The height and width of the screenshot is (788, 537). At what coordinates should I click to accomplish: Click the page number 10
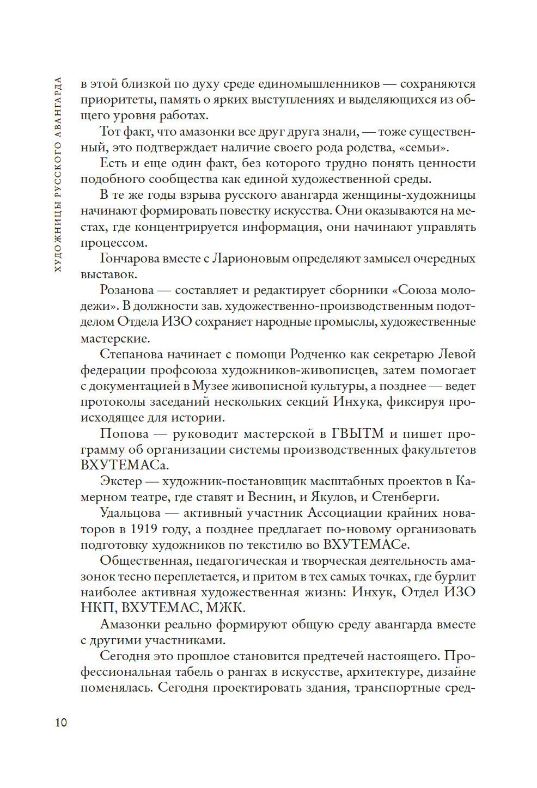61,722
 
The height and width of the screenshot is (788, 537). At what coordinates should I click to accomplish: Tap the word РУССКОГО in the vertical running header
58,174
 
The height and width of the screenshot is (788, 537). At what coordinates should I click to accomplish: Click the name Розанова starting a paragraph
127,290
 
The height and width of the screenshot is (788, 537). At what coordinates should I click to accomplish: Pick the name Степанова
130,354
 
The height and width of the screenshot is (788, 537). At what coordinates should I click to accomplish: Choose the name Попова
124,433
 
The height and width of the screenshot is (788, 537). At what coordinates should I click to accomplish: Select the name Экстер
120,481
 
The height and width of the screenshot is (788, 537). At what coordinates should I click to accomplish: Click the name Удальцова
130,513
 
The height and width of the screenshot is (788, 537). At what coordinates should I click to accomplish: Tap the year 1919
144,529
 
